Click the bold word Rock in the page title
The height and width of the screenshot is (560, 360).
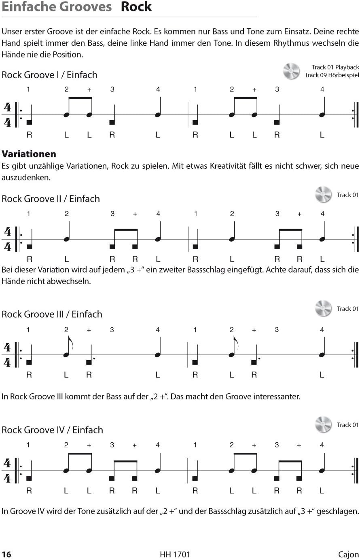tap(136, 7)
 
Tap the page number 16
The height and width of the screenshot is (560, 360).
tap(6, 554)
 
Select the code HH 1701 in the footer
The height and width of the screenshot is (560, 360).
tap(175, 554)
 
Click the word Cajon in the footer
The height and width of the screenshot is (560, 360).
tap(348, 554)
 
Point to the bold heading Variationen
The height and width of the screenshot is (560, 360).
tap(29, 154)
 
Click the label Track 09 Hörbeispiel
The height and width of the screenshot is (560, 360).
tap(332, 75)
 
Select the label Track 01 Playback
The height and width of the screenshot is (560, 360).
tap(335, 67)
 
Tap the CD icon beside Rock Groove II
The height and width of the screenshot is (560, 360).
tap(323, 195)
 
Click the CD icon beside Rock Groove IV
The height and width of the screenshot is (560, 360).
tap(323, 425)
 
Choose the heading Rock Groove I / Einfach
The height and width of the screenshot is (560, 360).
tap(49, 75)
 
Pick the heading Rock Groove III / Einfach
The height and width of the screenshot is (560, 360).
tap(52, 314)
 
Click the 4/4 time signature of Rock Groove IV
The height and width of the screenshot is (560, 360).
tap(7, 471)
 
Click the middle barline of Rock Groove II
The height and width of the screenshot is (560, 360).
tap(188, 239)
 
